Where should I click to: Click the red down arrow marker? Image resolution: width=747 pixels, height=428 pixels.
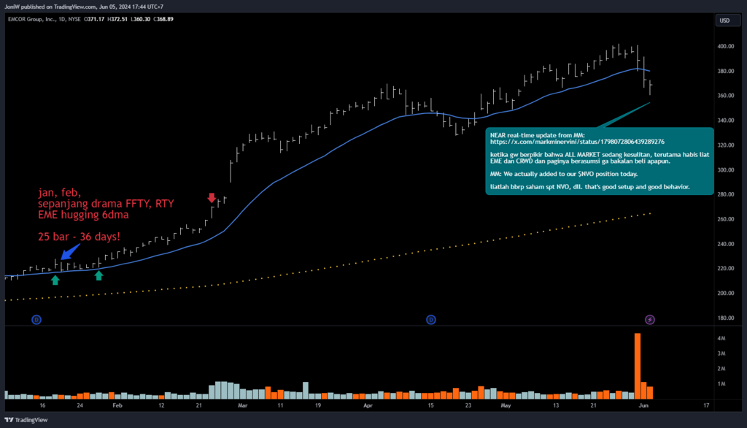[x=212, y=198]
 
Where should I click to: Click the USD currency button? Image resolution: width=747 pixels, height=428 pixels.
[x=724, y=20]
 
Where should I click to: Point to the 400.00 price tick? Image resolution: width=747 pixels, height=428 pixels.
[x=725, y=46]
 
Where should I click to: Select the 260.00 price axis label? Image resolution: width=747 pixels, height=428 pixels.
[x=725, y=219]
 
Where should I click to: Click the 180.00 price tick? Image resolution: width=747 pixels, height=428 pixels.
[x=725, y=318]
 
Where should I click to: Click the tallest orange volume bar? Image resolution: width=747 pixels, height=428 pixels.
[x=638, y=365]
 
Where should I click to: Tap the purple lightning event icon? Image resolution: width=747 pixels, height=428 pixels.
[x=650, y=319]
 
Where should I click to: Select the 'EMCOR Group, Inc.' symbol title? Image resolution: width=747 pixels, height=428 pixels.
[x=34, y=19]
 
